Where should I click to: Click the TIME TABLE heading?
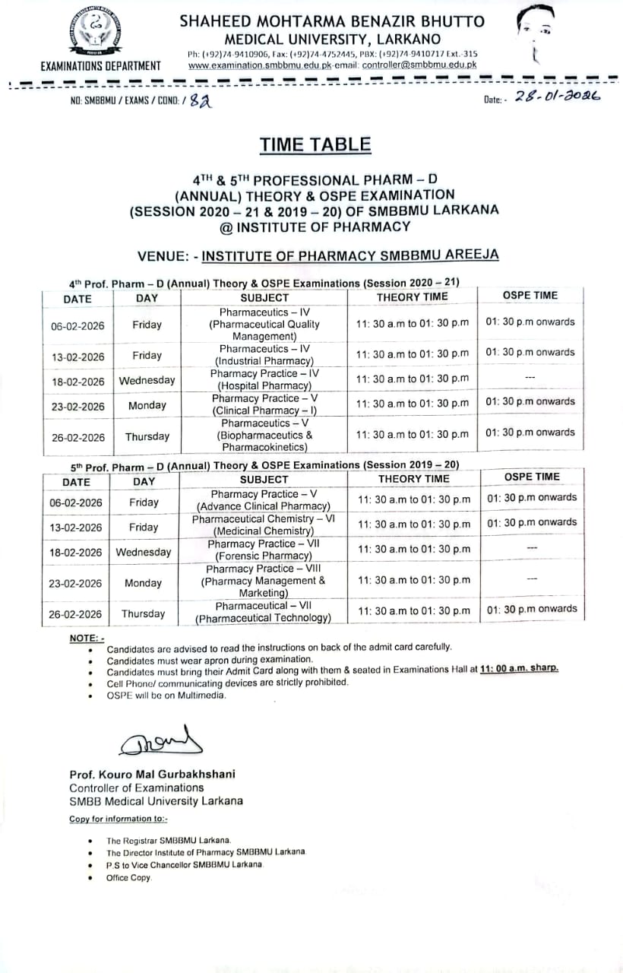(315, 144)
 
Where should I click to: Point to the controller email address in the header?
(419, 65)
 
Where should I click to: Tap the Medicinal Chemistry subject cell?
(263, 525)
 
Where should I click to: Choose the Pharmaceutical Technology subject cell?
(263, 612)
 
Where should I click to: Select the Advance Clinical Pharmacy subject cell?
(263, 500)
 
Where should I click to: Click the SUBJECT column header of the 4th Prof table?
(264, 298)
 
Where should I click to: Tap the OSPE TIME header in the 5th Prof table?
(532, 477)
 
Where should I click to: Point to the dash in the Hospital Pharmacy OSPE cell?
(530, 378)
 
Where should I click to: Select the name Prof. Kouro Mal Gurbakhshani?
(152, 774)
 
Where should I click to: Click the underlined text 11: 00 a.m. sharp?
(519, 668)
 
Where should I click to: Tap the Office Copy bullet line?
(129, 878)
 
